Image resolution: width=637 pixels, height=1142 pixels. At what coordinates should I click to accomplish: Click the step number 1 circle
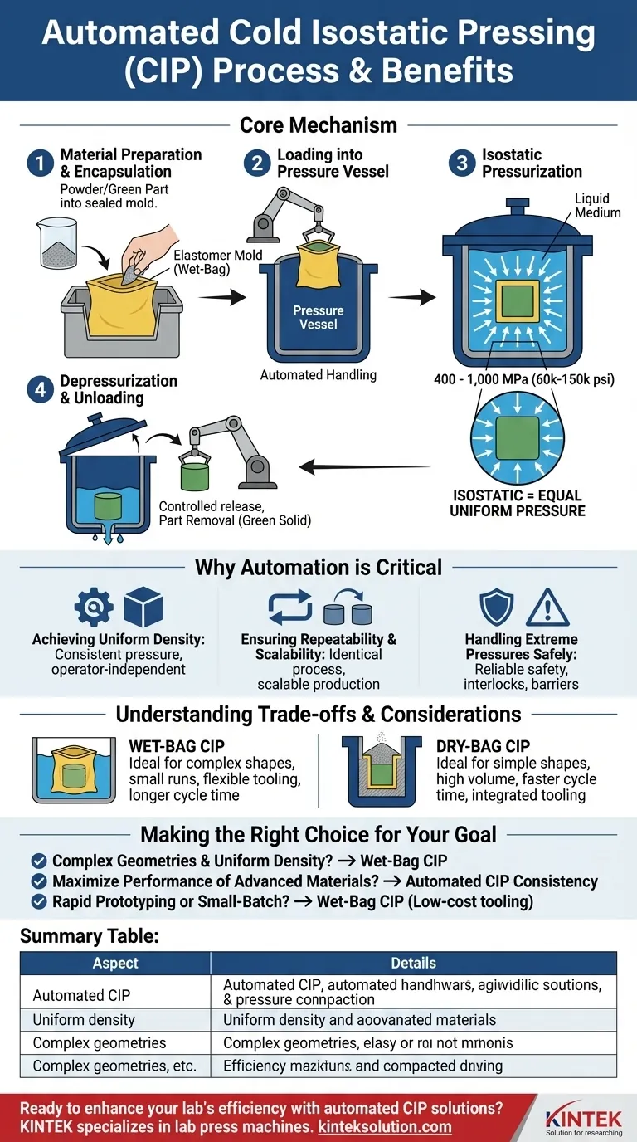38,163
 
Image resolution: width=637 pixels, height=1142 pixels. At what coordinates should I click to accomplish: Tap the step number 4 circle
38,389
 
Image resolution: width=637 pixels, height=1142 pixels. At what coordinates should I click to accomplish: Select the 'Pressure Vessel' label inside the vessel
318,317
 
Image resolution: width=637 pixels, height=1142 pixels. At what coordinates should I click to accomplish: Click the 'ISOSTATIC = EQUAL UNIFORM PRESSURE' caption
518,502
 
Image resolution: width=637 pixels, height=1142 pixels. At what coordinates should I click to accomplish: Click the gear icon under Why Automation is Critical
94,607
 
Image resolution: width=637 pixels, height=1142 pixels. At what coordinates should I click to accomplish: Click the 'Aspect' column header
115,963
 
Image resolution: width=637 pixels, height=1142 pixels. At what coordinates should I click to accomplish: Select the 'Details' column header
413,963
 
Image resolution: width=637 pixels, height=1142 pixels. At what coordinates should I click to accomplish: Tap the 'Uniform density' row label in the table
84,1019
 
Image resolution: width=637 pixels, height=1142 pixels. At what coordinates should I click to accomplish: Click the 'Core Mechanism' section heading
318,125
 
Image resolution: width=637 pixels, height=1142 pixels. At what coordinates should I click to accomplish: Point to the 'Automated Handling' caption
318,375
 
